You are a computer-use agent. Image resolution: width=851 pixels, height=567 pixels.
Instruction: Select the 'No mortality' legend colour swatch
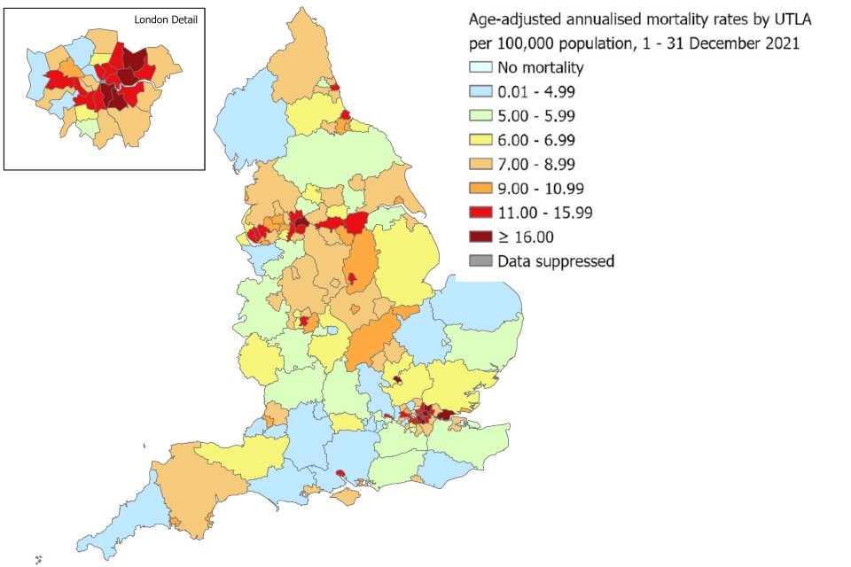pos(480,68)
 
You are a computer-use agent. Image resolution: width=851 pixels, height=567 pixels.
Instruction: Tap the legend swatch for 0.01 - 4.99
pos(480,92)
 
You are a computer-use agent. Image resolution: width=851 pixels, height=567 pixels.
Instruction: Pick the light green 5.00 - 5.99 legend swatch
pos(480,116)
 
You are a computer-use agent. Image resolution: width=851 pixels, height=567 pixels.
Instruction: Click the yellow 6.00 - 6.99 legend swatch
pos(480,140)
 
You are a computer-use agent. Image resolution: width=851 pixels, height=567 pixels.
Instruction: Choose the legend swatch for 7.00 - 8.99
pos(480,164)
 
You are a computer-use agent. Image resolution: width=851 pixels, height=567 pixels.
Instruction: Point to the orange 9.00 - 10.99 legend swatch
pos(480,189)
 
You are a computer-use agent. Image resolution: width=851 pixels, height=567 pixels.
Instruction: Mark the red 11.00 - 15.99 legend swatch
pos(480,213)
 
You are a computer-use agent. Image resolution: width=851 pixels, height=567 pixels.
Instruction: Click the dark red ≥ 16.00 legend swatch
pos(480,237)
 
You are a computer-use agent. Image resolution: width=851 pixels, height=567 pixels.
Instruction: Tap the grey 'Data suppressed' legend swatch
pos(480,260)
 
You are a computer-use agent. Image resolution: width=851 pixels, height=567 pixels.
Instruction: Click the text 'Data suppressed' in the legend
pos(556,260)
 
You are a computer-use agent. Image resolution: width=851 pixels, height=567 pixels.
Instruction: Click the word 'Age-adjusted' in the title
pos(513,19)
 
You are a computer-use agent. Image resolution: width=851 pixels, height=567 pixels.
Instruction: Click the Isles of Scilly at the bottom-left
pos(39,559)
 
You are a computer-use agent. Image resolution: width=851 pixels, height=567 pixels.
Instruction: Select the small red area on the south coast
pos(340,474)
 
